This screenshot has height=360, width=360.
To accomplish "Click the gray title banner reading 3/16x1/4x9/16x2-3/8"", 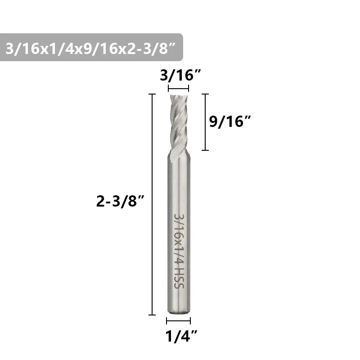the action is pos(91,47).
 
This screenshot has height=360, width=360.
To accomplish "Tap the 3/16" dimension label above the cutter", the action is pos(180,75).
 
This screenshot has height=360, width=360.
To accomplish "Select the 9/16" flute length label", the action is pos(230,121).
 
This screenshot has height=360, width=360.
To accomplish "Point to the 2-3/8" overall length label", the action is pos(120,201).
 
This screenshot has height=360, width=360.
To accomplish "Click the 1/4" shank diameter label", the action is pos(181,336).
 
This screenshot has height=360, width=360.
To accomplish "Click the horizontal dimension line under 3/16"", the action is pos(178,88).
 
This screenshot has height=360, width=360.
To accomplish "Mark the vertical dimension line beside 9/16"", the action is pos(205,122).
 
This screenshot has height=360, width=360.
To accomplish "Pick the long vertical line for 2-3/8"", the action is pos(152,204).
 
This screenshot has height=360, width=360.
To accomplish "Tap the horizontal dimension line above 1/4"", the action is pos(178,320).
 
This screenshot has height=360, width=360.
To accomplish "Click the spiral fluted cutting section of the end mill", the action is pos(179,123).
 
